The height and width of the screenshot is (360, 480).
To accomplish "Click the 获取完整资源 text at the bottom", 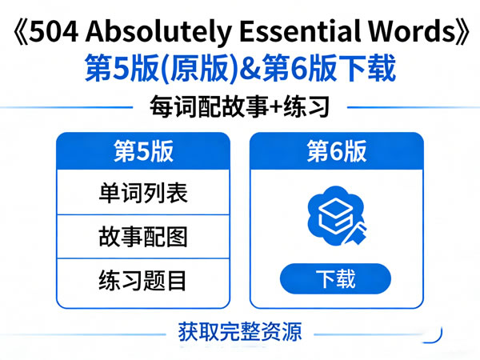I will [x=240, y=330].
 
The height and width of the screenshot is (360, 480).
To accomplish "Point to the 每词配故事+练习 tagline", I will [x=240, y=106].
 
